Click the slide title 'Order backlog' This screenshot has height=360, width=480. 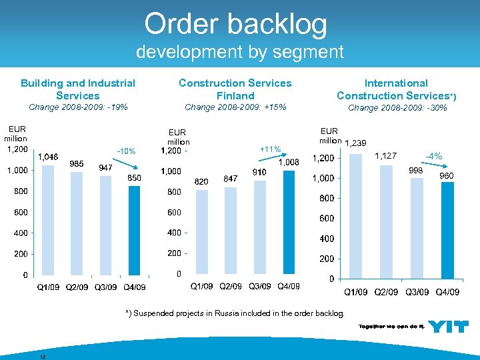[x=236, y=25]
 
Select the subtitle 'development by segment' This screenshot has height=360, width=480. [x=239, y=52]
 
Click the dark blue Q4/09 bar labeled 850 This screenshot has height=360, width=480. [x=134, y=230]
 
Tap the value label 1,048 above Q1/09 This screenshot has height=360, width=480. [x=47, y=157]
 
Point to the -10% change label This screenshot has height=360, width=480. [x=126, y=151]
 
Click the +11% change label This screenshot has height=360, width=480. [x=271, y=149]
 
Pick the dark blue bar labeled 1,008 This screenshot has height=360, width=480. [x=289, y=222]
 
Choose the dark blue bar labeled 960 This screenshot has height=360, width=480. [x=448, y=230]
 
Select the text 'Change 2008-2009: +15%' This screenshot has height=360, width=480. [x=235, y=107]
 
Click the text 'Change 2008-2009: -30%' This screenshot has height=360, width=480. [x=397, y=107]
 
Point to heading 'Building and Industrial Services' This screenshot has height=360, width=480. [x=78, y=89]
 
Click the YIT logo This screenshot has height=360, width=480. [x=447, y=327]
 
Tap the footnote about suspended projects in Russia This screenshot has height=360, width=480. [x=235, y=313]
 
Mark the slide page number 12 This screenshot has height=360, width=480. [x=43, y=355]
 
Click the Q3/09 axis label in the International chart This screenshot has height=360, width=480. [x=417, y=292]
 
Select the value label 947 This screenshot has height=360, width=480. [x=105, y=167]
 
